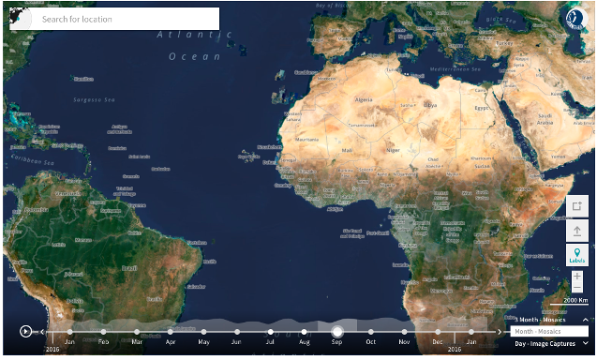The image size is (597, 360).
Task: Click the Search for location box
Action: coord(114,19)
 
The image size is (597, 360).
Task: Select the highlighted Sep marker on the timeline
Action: coord(337,331)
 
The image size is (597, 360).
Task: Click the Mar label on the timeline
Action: coord(137,343)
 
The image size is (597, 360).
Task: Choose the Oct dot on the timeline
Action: coord(371,331)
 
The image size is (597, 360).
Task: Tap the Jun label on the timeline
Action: coord(236,343)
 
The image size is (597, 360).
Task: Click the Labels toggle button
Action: coord(576,254)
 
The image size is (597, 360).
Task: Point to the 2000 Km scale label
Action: coord(575,300)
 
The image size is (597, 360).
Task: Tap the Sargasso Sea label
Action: coord(96,97)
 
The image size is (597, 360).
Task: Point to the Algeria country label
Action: coord(361,99)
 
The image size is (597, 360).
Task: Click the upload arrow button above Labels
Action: coord(576,229)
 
